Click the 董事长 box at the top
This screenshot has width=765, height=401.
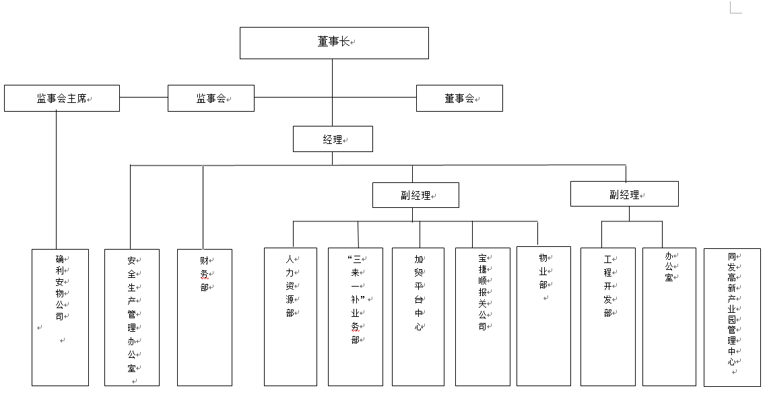pos(334,43)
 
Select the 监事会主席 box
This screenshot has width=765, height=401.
pos(62,98)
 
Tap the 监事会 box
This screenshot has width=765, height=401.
pos(211,98)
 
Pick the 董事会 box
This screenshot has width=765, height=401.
pos(459,98)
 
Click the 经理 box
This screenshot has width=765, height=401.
pos(333,139)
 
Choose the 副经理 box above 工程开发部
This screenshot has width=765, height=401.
pos(624,194)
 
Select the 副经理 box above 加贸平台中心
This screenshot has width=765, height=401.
pos(415,195)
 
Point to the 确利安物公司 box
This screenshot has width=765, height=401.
pos(61,318)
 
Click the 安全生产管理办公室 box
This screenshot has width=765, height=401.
pos(132,318)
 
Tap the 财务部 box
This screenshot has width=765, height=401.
pos(205,318)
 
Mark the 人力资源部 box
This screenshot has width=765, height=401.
pos(291,317)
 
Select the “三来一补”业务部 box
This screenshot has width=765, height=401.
pos(356,317)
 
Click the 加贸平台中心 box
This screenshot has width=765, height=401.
pos(418,317)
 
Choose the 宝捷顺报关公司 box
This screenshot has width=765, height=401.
pos(483,317)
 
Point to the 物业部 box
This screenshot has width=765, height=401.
pos(543,316)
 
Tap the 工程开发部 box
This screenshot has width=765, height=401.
pos(608,317)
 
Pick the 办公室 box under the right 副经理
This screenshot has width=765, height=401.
pos(669,317)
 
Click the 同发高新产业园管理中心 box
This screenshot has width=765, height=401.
pos(732,318)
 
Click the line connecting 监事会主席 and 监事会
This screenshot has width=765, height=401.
pos(144,97)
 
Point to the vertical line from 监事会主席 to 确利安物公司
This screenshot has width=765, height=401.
pos(56,180)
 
